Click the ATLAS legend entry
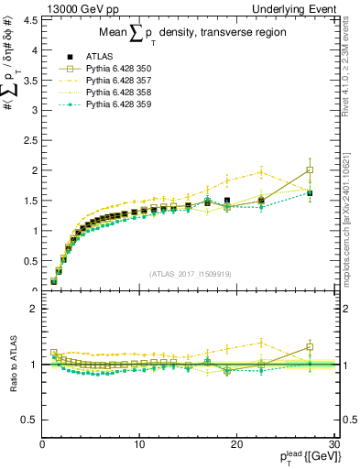tap(102, 57)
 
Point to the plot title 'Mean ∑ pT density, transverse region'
tap(187, 34)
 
